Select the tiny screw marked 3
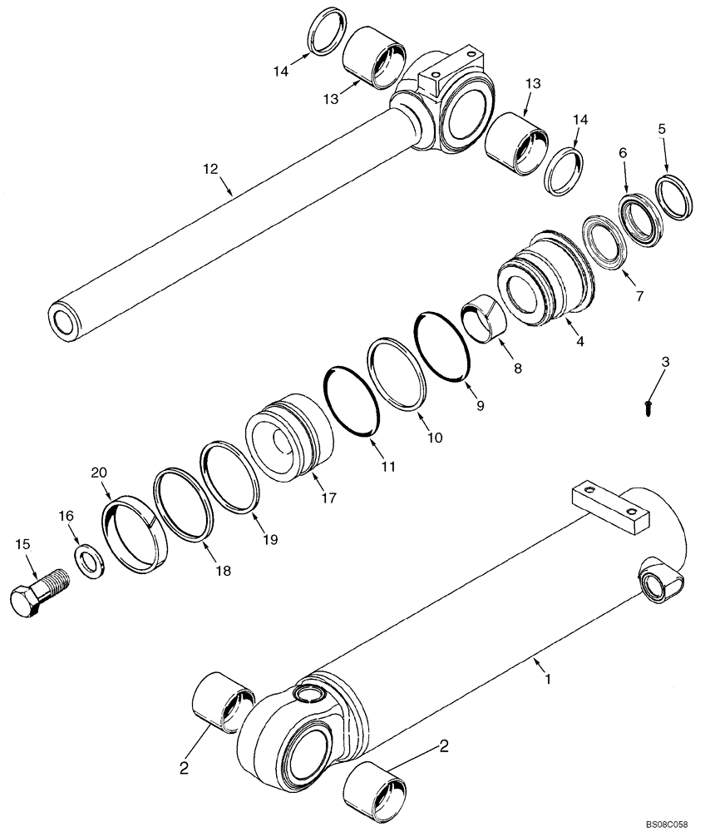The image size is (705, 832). pos(647,406)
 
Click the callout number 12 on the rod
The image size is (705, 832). pos(210,169)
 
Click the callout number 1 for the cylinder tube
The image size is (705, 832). pos(547,679)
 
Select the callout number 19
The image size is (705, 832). pos(272,538)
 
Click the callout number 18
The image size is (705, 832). pos(222,571)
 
